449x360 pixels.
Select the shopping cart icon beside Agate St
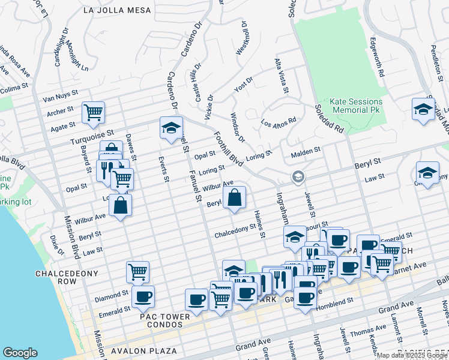click(93, 112)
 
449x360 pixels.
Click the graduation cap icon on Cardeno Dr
click(171, 127)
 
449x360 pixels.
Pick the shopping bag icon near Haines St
click(235, 197)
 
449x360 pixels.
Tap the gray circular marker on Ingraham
click(297, 177)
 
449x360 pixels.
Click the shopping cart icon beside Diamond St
click(138, 272)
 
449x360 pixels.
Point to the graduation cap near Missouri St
click(295, 237)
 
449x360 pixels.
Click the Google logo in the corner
click(20, 353)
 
